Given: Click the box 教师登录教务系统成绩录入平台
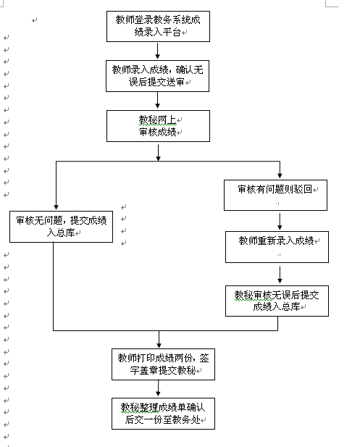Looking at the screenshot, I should [x=157, y=25].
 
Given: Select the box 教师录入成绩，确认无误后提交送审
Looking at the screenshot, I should [x=157, y=75].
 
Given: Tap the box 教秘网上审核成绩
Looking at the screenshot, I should [x=157, y=125].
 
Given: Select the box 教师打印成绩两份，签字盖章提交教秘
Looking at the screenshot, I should [x=163, y=364].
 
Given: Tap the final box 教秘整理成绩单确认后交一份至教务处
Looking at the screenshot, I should [x=163, y=413].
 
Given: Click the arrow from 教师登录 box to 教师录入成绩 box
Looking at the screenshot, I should [x=157, y=50].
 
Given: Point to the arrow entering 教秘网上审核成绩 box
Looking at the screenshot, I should [x=157, y=101].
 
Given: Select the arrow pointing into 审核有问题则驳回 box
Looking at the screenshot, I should [x=279, y=171].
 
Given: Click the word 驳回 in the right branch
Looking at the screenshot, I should [x=303, y=189].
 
